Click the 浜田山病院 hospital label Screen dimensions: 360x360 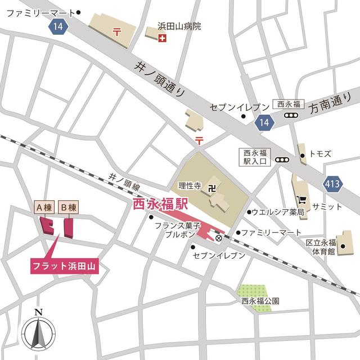click(x=179, y=26)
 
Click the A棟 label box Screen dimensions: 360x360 click(x=44, y=207)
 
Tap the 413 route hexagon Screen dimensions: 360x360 click(x=332, y=183)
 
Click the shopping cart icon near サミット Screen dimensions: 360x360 click(x=303, y=199)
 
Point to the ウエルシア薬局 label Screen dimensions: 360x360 click(x=277, y=212)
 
